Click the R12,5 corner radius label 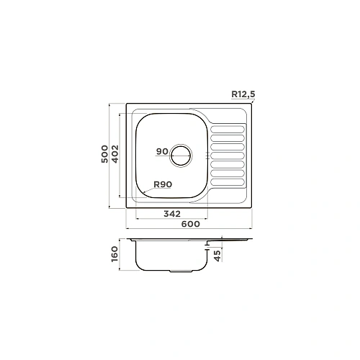point(243,94)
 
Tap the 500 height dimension point(104,154)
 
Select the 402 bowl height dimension point(115,154)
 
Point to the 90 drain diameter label point(162,151)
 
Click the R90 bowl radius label point(163,184)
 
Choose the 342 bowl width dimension point(172,214)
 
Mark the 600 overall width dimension point(191,224)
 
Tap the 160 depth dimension point(115,254)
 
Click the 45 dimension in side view point(217,256)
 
